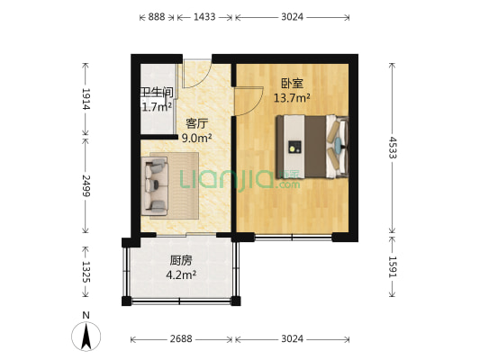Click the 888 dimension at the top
[156, 16]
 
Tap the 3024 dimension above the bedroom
[291, 16]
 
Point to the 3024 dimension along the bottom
[291, 339]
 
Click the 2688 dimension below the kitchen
[182, 339]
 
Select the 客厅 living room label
[196, 123]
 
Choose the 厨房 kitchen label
[181, 262]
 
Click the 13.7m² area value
[292, 97]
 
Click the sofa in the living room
[155, 185]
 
